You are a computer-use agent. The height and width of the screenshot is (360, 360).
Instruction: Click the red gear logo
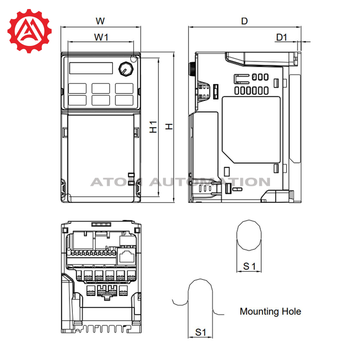[x=29, y=31]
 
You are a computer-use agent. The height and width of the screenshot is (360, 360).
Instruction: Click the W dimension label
[x=100, y=21]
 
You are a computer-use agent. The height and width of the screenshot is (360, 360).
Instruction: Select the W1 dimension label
[x=101, y=37]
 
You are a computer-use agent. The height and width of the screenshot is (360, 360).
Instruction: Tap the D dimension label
[x=244, y=21]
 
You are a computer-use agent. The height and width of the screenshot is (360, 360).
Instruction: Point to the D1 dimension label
[x=282, y=37]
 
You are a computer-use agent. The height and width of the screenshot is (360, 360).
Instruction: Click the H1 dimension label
[x=153, y=127]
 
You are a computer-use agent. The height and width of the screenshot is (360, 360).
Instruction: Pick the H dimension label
[x=169, y=126]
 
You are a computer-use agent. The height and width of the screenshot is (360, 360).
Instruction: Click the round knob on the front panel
[x=126, y=69]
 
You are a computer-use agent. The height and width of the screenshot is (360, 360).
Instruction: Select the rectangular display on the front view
[x=91, y=68]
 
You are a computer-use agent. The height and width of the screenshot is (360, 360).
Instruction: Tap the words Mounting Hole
[x=270, y=311]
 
